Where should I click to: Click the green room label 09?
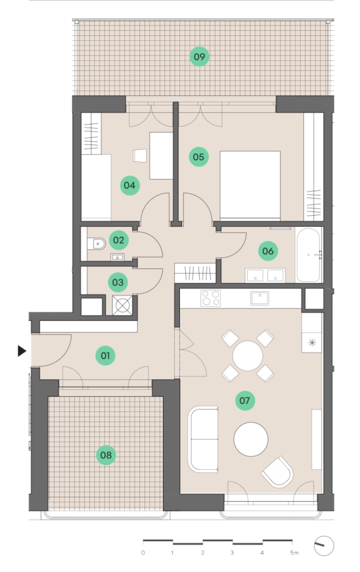(x=200, y=57)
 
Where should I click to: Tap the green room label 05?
(x=199, y=157)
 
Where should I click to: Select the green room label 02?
(x=118, y=240)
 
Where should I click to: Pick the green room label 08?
(x=106, y=455)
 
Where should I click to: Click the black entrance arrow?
(x=22, y=351)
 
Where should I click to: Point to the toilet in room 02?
(x=96, y=243)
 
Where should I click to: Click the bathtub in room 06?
(x=308, y=255)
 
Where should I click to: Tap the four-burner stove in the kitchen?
(x=211, y=298)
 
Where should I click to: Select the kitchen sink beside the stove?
(x=260, y=298)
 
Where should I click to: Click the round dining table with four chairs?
(x=248, y=355)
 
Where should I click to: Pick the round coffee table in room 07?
(x=251, y=439)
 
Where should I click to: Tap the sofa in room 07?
(x=203, y=439)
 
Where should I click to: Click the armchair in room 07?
(x=278, y=472)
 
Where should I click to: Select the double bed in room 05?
(x=250, y=186)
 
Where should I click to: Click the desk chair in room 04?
(x=140, y=156)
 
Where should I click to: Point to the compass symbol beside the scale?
(x=323, y=546)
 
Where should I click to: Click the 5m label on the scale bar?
(x=294, y=552)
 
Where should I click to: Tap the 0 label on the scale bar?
(x=143, y=552)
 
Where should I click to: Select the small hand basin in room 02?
(x=117, y=257)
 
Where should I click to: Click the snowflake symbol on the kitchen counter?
(x=312, y=342)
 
